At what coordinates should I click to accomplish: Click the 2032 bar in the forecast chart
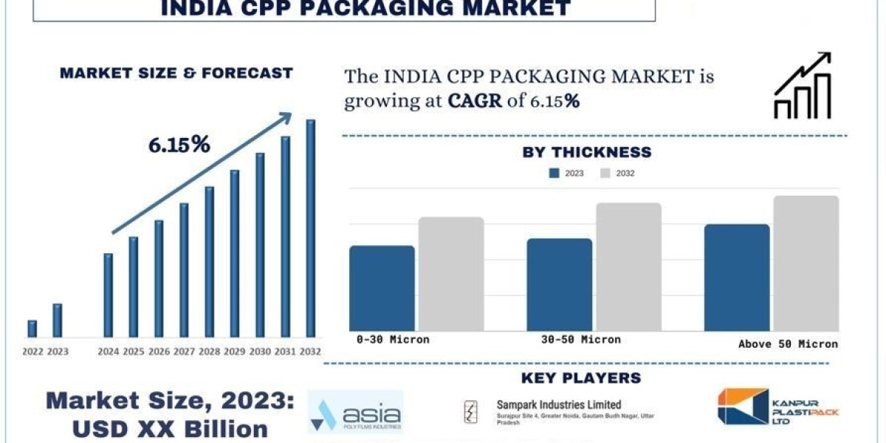311,228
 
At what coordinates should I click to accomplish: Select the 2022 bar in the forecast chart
32,329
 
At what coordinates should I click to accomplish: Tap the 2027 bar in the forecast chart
184,270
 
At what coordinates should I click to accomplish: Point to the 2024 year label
108,351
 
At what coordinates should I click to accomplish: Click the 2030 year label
260,351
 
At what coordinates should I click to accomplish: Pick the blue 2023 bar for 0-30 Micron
382,288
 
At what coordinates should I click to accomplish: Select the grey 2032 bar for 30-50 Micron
628,267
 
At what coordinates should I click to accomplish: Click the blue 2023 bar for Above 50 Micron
736,278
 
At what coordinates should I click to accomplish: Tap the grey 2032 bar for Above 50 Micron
806,264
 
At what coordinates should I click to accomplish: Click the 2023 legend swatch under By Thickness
554,174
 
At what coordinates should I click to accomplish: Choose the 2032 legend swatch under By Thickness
605,174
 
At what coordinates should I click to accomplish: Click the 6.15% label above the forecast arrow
179,145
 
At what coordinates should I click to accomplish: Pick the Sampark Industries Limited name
547,405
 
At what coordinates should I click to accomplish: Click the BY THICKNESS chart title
587,153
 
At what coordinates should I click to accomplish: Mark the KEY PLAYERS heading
581,378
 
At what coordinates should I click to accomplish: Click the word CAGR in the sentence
477,101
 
